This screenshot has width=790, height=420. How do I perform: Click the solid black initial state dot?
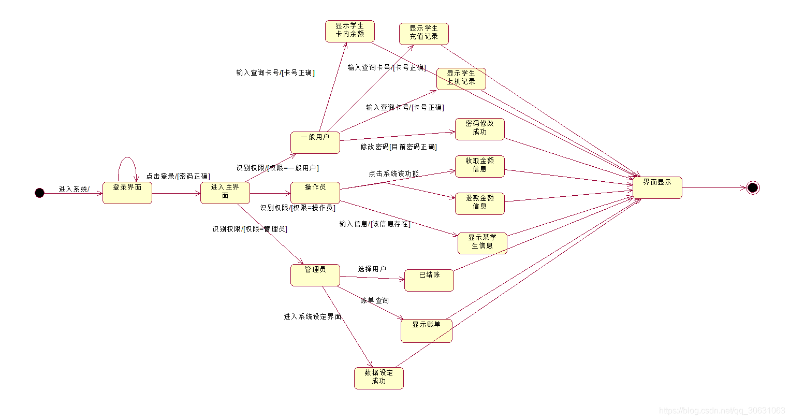click(40, 193)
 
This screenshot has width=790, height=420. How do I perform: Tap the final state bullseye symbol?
click(753, 187)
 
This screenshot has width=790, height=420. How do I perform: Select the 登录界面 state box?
click(127, 193)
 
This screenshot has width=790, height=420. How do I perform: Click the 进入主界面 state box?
click(225, 193)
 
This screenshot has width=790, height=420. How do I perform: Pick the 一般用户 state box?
click(315, 142)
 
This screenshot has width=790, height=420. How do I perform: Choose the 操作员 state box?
click(315, 193)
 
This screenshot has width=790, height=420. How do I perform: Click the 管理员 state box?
click(315, 275)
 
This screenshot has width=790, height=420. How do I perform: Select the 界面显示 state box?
click(657, 187)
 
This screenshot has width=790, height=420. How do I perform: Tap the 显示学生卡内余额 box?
click(350, 31)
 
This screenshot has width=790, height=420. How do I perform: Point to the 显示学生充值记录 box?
click(424, 34)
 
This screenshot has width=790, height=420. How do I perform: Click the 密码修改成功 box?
click(480, 129)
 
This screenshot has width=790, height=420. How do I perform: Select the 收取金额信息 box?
click(480, 166)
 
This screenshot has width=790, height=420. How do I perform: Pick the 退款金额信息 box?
click(480, 204)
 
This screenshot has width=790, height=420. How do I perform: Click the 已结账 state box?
click(429, 280)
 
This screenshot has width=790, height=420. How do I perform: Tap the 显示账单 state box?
click(427, 330)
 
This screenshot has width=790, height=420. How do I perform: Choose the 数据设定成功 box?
click(379, 378)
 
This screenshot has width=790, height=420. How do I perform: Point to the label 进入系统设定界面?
click(313, 316)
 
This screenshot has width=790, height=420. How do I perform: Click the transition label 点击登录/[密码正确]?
click(178, 176)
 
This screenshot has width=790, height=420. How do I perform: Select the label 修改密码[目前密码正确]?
click(399, 147)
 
